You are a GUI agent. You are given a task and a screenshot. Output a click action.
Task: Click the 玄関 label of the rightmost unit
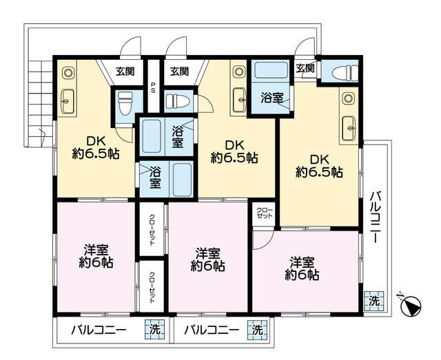(305, 67)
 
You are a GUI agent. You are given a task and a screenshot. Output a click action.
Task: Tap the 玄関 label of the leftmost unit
(125, 71)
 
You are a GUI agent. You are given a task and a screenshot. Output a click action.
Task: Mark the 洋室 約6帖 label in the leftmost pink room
(96, 255)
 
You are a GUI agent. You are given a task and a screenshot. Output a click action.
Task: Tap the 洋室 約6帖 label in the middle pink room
(208, 259)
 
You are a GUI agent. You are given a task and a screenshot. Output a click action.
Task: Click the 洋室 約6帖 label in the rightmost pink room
(303, 268)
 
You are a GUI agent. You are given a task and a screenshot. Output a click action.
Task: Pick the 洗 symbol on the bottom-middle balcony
(257, 330)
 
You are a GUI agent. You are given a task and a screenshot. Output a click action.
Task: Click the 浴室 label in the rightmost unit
(270, 98)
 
